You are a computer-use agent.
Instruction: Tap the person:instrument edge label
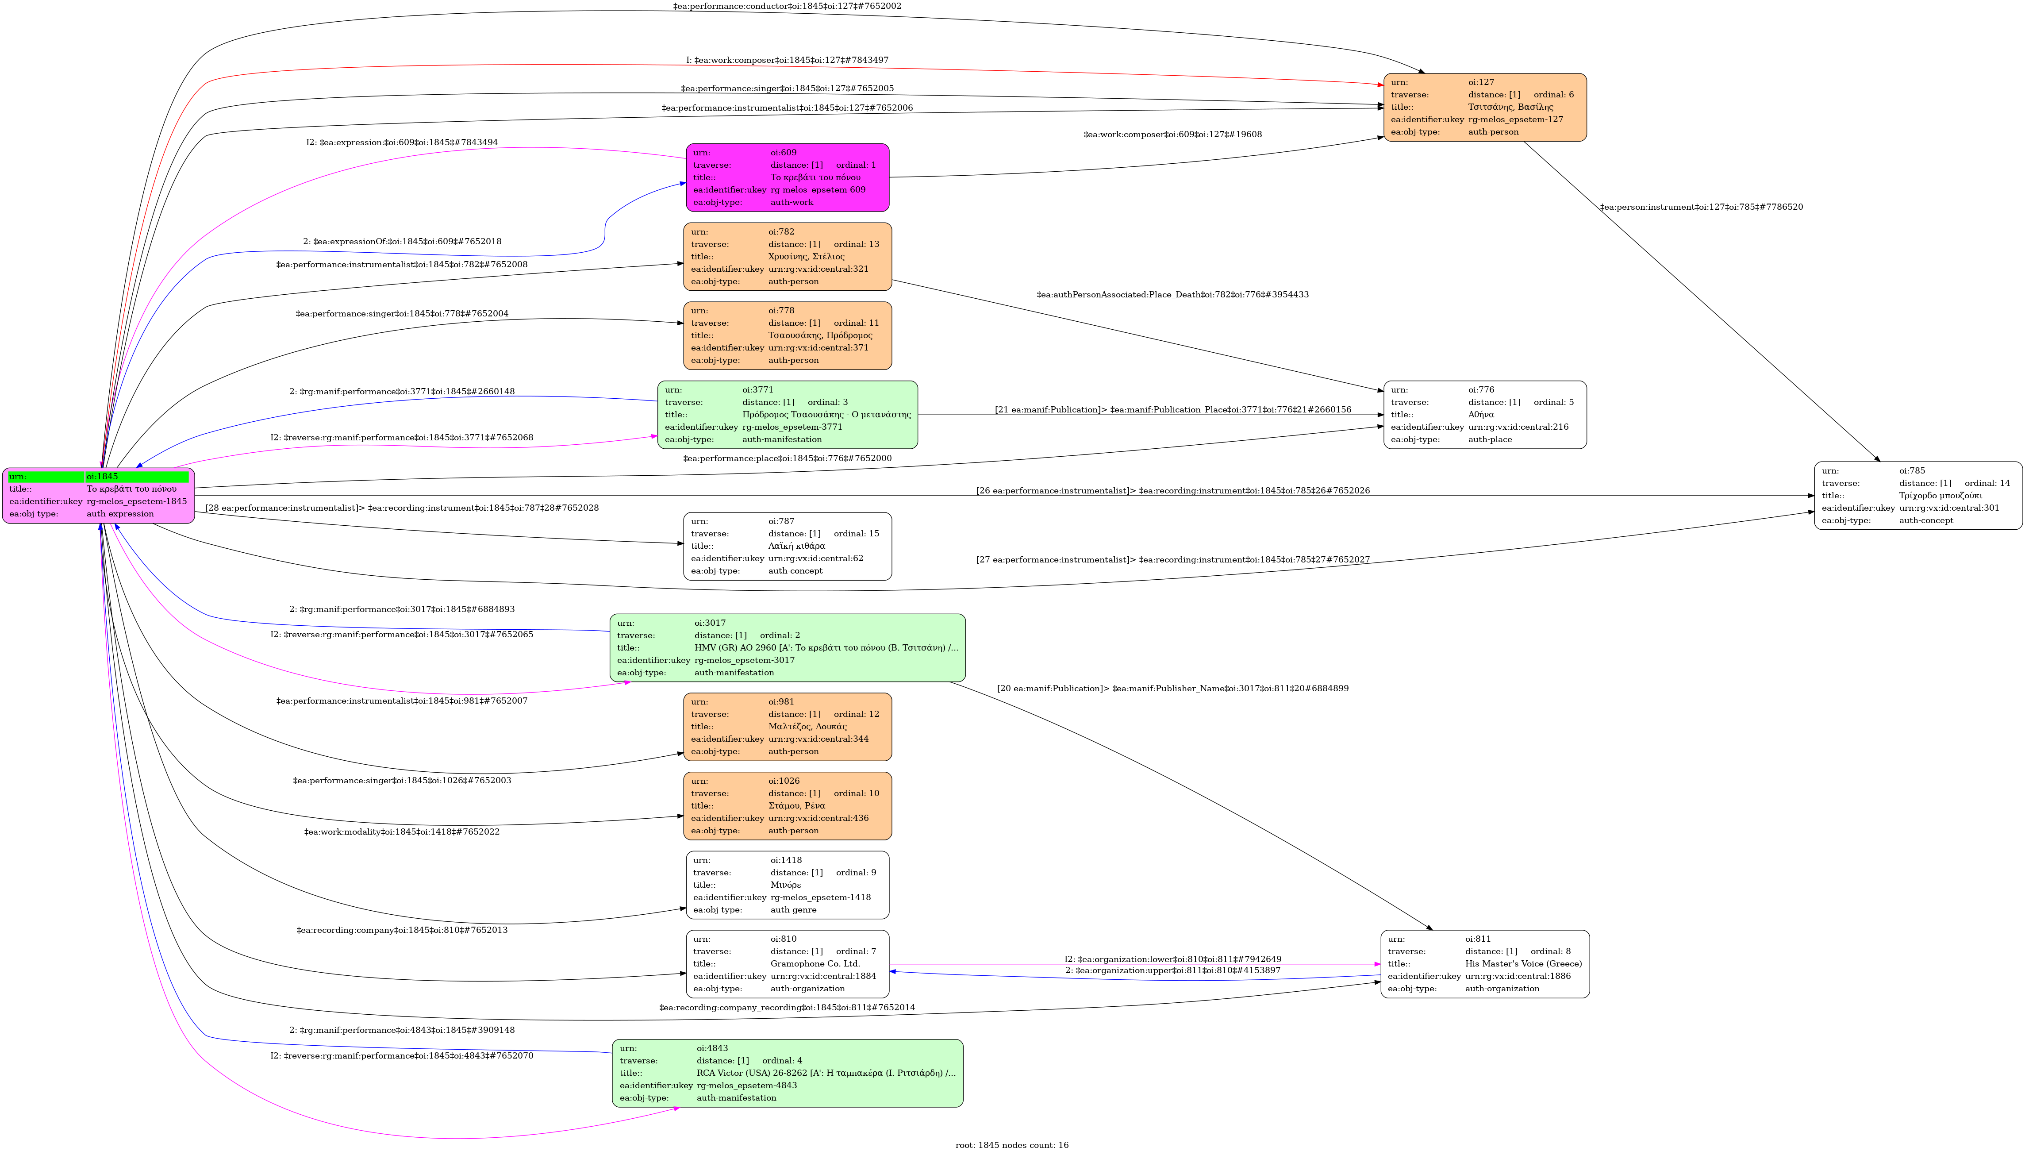tap(1701, 207)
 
